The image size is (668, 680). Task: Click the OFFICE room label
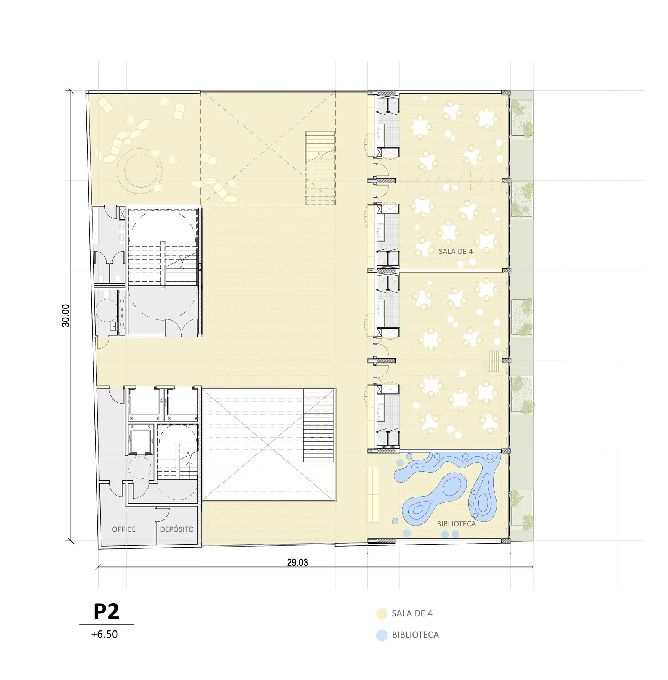(x=124, y=529)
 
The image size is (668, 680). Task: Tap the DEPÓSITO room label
(x=177, y=529)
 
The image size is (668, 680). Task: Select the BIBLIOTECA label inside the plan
(x=456, y=524)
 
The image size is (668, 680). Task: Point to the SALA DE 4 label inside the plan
(x=456, y=251)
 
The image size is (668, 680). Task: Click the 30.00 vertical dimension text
(x=66, y=316)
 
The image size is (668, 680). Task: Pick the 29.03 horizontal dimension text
(x=297, y=562)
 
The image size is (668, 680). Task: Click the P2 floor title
(x=106, y=611)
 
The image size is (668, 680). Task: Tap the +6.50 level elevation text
(x=104, y=634)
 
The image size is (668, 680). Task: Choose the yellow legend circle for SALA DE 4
(x=382, y=613)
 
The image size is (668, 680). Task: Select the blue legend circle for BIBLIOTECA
(x=382, y=635)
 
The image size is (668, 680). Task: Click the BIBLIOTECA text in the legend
(x=416, y=635)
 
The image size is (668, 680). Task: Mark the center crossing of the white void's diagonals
(x=268, y=444)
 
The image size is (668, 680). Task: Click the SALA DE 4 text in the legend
(x=412, y=613)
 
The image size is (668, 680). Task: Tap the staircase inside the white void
(x=319, y=425)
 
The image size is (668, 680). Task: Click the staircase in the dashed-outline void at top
(x=320, y=168)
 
